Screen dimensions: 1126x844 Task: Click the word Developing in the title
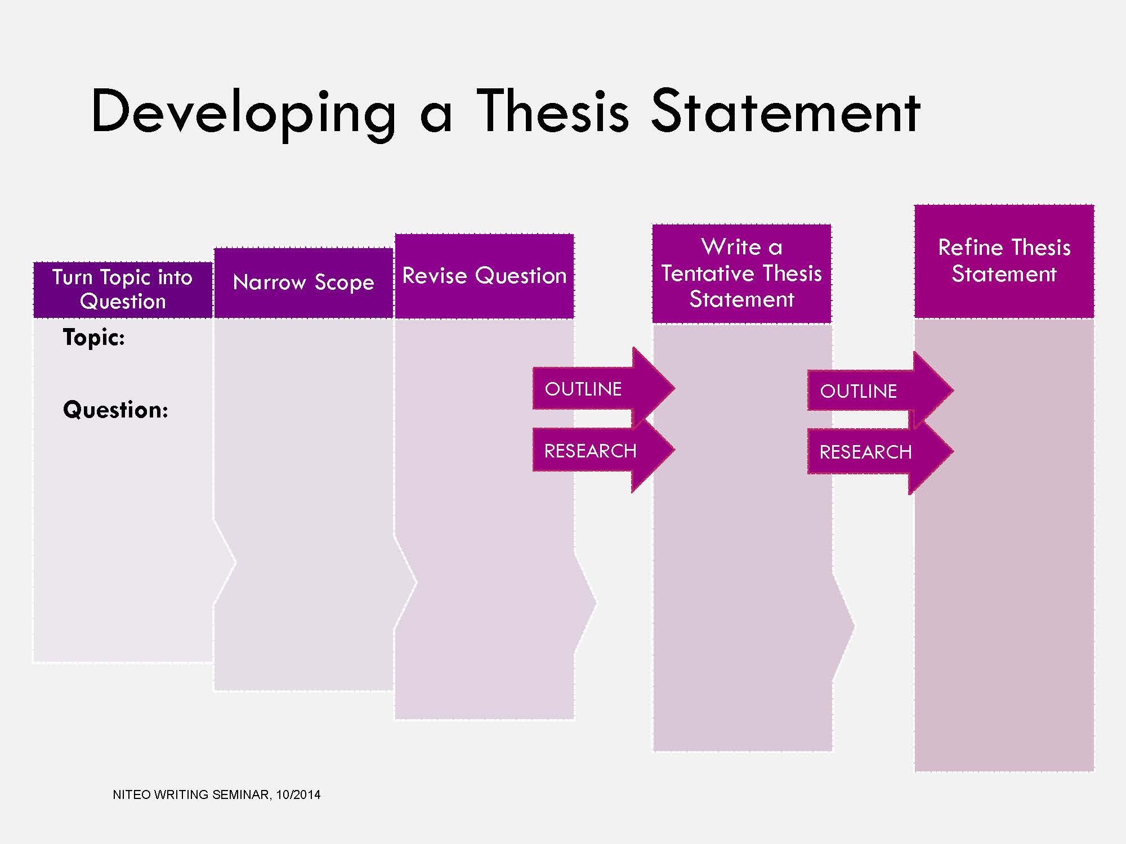(243, 113)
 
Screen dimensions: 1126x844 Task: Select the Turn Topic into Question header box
(123, 290)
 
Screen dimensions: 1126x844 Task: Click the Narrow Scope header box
(303, 283)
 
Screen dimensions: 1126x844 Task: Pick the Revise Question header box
(484, 276)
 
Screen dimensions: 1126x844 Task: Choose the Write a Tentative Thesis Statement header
(741, 273)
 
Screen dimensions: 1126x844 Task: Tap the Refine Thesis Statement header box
(1004, 262)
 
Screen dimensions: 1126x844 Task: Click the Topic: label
(94, 338)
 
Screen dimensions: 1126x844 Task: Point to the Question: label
(115, 410)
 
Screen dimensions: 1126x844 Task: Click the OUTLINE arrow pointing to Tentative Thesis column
(604, 388)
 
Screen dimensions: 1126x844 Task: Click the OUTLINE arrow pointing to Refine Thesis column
(880, 390)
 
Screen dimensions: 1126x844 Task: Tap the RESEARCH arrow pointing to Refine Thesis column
(880, 451)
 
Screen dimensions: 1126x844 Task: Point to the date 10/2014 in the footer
(298, 795)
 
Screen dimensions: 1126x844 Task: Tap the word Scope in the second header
(345, 283)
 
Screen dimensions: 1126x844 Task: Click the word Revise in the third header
(435, 276)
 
